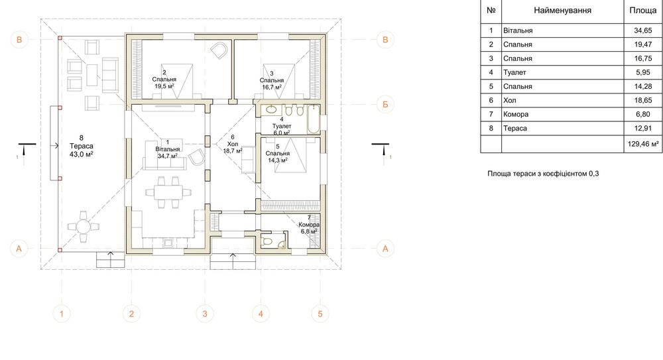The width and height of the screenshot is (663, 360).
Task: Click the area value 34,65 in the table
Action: click(642, 30)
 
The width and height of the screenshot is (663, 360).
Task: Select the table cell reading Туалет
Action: click(514, 72)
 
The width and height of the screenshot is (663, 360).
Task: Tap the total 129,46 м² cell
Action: click(642, 145)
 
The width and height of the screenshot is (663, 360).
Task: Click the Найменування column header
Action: click(562, 11)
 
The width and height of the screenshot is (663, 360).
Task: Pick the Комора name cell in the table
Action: click(515, 114)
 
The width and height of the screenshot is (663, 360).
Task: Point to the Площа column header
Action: click(642, 11)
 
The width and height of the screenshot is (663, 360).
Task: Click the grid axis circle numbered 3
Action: click(205, 314)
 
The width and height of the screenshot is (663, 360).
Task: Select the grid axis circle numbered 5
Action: click(320, 314)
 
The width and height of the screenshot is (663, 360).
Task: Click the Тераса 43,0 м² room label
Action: click(81, 147)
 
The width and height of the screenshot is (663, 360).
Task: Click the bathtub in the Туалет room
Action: click(312, 120)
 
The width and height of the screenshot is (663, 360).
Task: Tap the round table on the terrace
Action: click(84, 226)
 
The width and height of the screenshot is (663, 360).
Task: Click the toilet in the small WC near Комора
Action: click(267, 241)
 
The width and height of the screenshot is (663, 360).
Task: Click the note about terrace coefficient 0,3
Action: click(543, 174)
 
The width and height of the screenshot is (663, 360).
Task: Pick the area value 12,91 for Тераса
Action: click(642, 128)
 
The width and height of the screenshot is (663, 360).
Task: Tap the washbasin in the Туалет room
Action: click(271, 111)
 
